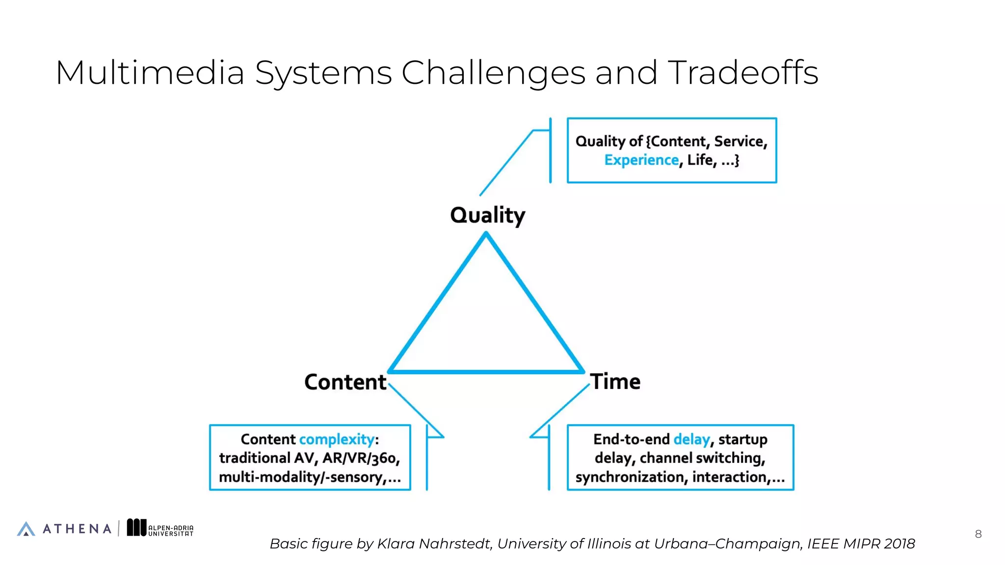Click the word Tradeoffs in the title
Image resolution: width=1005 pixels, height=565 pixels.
coord(743,73)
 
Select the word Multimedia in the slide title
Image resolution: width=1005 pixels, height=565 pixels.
coord(150,73)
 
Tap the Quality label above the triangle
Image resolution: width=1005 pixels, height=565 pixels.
coord(487,215)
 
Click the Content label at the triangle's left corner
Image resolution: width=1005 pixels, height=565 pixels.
coord(345,382)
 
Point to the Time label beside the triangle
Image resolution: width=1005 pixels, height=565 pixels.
coord(615,382)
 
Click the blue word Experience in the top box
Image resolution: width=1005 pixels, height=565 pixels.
coord(641,160)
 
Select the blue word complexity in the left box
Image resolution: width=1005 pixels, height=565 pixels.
coord(337,439)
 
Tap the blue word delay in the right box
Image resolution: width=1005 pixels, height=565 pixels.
coord(691,439)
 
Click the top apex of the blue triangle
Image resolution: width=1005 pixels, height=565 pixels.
coord(486,235)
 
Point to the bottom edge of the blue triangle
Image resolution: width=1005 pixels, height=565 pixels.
coord(486,371)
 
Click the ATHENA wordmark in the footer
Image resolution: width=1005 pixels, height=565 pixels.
coord(77,529)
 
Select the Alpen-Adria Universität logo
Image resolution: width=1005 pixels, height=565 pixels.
coord(160,528)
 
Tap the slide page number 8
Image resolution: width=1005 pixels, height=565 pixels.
coord(978,534)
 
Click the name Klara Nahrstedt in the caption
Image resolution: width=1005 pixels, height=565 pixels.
coord(434,543)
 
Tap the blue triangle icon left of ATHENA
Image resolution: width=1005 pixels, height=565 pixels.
coord(26,529)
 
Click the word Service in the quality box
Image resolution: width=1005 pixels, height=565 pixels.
coord(740,141)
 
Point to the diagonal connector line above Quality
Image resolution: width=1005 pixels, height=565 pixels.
coord(505,164)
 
